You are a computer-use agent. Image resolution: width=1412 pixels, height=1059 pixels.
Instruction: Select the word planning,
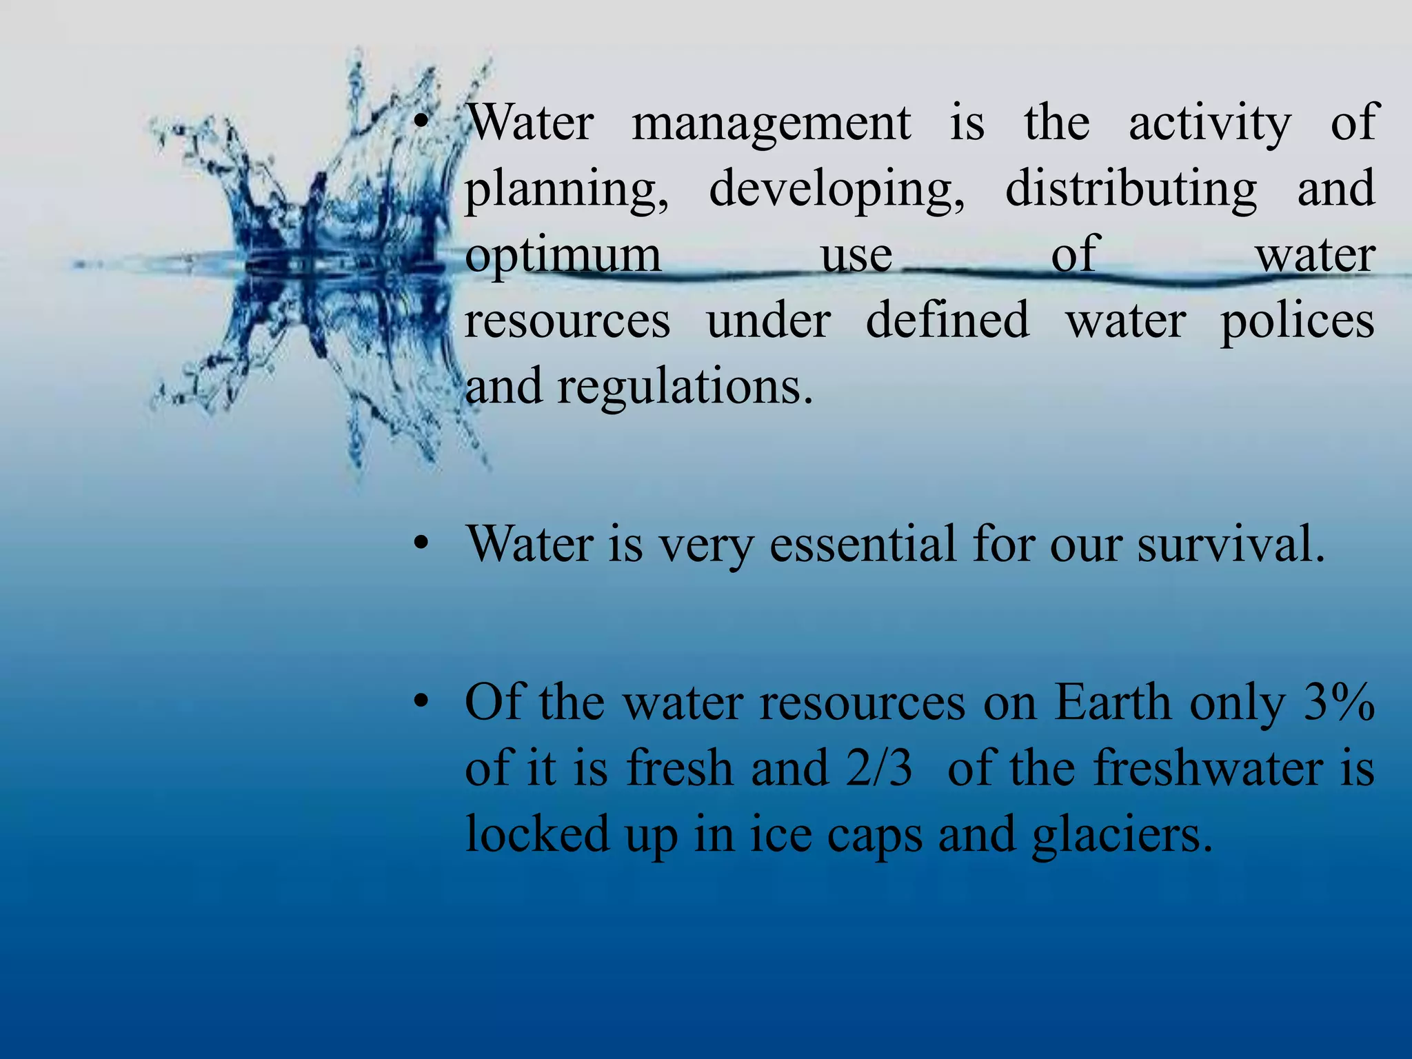[x=566, y=190]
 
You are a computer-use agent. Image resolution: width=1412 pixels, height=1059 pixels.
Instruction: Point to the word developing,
[x=837, y=190]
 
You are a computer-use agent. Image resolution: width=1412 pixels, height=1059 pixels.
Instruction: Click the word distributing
[x=1131, y=190]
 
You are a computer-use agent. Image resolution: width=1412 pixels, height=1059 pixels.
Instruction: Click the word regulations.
[x=685, y=387]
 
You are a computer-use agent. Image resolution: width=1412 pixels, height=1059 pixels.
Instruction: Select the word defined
[x=947, y=321]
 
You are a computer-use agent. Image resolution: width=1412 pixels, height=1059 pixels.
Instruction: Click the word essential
[x=863, y=545]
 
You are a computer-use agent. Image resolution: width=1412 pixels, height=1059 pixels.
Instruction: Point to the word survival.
[x=1231, y=545]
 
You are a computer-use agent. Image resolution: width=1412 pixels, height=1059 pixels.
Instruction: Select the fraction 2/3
[x=878, y=769]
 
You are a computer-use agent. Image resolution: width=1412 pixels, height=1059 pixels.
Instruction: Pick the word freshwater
[x=1209, y=769]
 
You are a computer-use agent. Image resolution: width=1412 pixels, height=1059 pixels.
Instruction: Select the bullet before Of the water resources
[x=421, y=704]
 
